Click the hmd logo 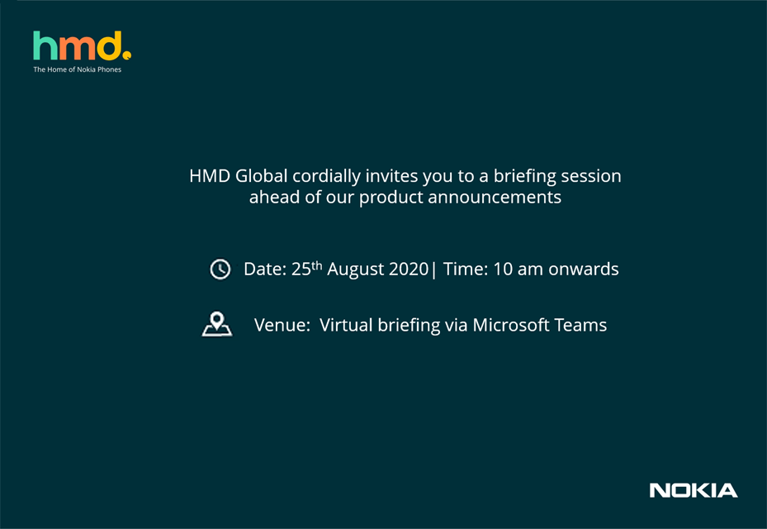(x=82, y=46)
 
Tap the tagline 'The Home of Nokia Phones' (x=78, y=69)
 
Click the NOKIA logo (x=694, y=490)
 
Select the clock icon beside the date (x=220, y=269)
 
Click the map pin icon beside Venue (x=217, y=324)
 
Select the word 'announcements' (x=495, y=198)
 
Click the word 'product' (x=391, y=198)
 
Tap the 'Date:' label (x=265, y=269)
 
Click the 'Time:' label (x=465, y=269)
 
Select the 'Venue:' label (x=282, y=325)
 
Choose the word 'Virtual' (x=346, y=325)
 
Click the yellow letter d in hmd (x=109, y=46)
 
